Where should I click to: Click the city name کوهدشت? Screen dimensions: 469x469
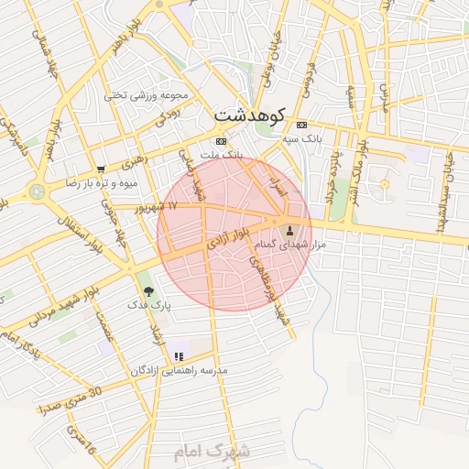(x=250, y=116)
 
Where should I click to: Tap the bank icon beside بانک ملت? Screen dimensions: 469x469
(x=220, y=141)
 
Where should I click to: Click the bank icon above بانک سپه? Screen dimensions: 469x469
(x=302, y=125)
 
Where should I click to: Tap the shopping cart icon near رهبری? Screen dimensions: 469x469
(x=101, y=169)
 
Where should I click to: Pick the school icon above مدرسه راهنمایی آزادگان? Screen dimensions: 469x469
(x=179, y=355)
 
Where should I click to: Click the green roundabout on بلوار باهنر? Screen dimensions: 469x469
(x=37, y=192)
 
